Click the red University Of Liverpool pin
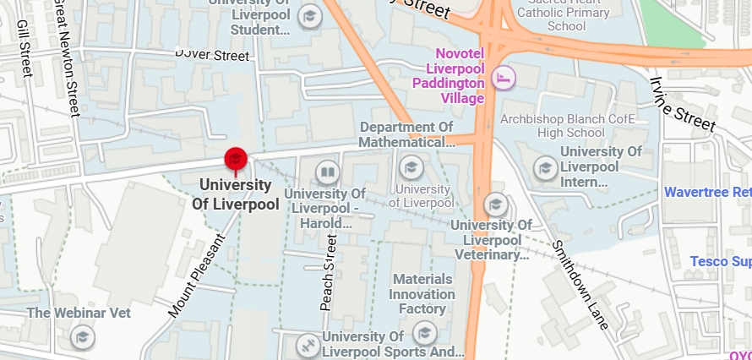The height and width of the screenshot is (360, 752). (235, 159)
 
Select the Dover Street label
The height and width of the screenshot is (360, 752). (213, 55)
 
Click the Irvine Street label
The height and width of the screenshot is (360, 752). (683, 103)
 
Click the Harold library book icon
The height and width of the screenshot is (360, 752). (327, 174)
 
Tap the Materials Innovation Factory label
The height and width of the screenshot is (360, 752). (422, 294)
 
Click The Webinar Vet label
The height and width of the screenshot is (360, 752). (79, 313)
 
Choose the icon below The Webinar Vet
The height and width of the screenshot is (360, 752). (82, 338)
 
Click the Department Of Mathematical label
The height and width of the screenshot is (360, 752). (407, 134)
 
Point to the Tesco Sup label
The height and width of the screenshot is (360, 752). (720, 261)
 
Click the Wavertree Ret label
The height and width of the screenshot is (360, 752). (707, 192)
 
